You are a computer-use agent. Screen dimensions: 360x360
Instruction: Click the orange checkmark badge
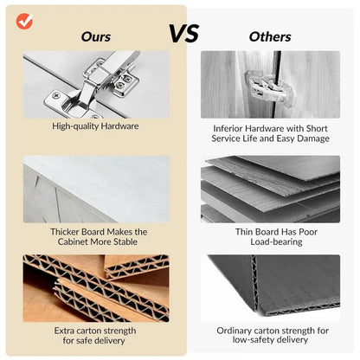(x=24, y=22)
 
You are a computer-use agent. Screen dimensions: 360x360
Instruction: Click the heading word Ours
(x=96, y=36)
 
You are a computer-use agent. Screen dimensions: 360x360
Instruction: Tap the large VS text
(x=184, y=34)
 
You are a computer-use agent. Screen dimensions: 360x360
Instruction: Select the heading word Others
(x=270, y=36)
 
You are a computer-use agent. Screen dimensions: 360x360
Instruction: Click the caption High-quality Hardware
(x=95, y=126)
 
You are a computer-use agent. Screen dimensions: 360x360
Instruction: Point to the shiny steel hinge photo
(x=96, y=85)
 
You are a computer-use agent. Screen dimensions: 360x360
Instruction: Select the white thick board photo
(x=96, y=190)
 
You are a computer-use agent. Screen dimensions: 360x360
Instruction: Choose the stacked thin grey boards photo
(x=270, y=190)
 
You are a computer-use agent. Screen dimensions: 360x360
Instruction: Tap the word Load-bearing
(x=276, y=242)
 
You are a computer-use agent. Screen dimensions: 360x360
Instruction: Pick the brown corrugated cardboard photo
(x=96, y=288)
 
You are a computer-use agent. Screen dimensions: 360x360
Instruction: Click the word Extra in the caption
(x=64, y=331)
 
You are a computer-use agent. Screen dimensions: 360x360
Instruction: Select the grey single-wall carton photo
(x=270, y=288)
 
